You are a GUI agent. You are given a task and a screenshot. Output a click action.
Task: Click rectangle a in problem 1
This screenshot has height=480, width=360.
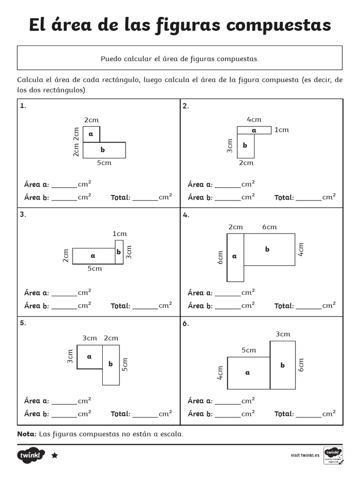tap(91, 134)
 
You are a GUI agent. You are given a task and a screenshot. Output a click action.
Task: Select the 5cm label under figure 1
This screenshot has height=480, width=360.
tap(104, 163)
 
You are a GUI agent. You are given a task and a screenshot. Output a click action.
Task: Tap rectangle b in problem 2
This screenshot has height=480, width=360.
tap(245, 146)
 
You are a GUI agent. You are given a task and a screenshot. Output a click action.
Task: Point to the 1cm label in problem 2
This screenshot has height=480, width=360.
tap(281, 130)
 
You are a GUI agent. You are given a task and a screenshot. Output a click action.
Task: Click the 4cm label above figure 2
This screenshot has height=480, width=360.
tap(254, 120)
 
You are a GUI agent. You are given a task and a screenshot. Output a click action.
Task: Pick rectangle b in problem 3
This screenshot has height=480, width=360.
tap(119, 252)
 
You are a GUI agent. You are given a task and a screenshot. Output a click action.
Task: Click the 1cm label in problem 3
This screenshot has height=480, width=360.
tap(120, 233)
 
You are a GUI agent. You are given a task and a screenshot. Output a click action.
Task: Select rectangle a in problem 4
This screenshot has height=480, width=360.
tap(235, 257)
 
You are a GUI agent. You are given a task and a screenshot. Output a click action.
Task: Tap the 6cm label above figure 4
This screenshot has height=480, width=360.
tap(269, 227)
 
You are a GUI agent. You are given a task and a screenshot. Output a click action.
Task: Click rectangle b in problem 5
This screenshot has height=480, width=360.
tap(111, 364)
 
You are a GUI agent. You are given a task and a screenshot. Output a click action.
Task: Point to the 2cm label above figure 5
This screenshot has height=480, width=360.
tap(111, 338)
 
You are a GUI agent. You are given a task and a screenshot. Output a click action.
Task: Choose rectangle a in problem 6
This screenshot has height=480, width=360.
tap(248, 373)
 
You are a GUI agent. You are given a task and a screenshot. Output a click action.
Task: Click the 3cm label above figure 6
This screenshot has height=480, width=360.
tap(283, 334)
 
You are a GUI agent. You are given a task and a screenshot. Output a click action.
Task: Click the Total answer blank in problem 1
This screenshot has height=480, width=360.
tap(145, 198)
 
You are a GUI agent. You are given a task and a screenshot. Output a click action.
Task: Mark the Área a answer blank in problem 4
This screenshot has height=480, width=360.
tap(228, 294)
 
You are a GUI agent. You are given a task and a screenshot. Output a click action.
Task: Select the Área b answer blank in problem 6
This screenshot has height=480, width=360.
tap(228, 415)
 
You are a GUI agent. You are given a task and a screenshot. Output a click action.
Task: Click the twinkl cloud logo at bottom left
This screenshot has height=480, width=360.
tap(31, 455)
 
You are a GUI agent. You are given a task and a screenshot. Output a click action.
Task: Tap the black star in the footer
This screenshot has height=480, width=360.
tap(54, 455)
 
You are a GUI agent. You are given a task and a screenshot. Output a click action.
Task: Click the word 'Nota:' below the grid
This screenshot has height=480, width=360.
tap(27, 434)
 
